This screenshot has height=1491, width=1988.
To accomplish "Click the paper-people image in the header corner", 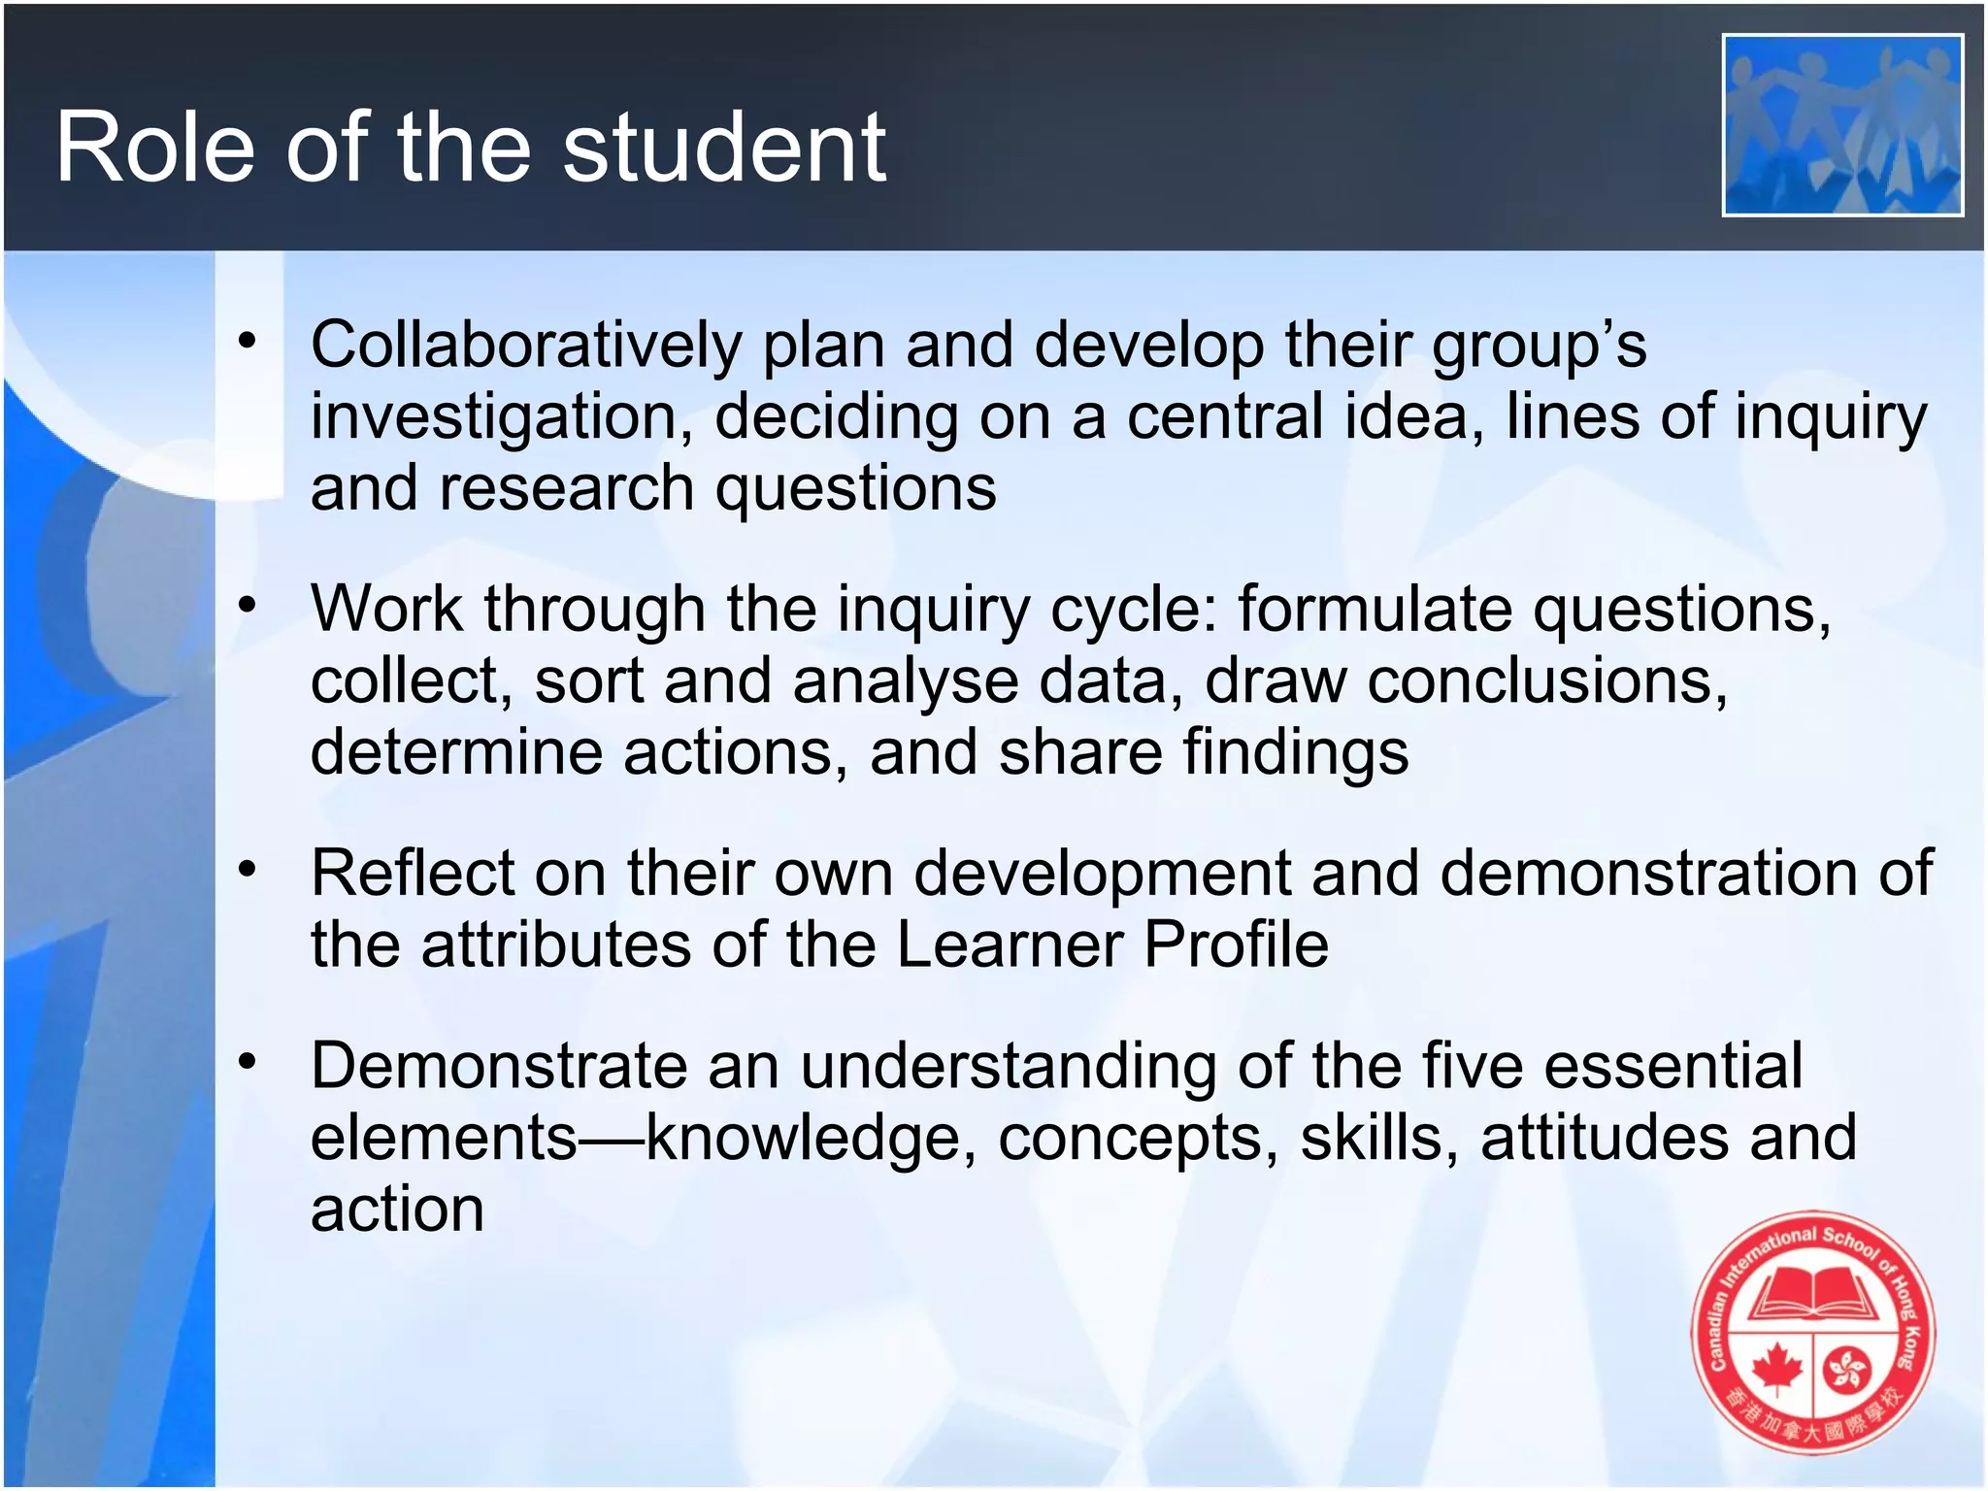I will (1841, 124).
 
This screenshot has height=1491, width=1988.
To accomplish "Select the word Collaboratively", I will (525, 345).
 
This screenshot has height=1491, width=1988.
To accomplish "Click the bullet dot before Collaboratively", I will (248, 340).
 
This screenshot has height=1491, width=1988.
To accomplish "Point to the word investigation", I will (501, 417).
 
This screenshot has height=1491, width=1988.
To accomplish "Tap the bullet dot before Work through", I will (248, 604).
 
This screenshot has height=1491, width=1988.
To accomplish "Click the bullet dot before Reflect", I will (248, 868).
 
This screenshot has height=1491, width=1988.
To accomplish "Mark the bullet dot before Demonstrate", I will (248, 1061).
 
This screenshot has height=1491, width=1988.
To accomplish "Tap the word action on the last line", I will (397, 1209).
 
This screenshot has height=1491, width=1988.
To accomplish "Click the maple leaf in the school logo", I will (1775, 1369).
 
